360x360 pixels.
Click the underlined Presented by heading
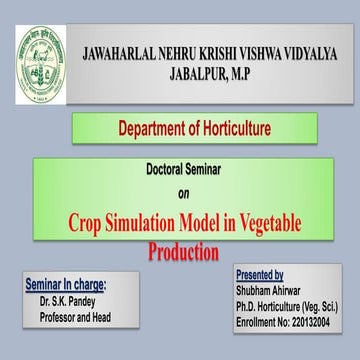[x=260, y=274]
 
